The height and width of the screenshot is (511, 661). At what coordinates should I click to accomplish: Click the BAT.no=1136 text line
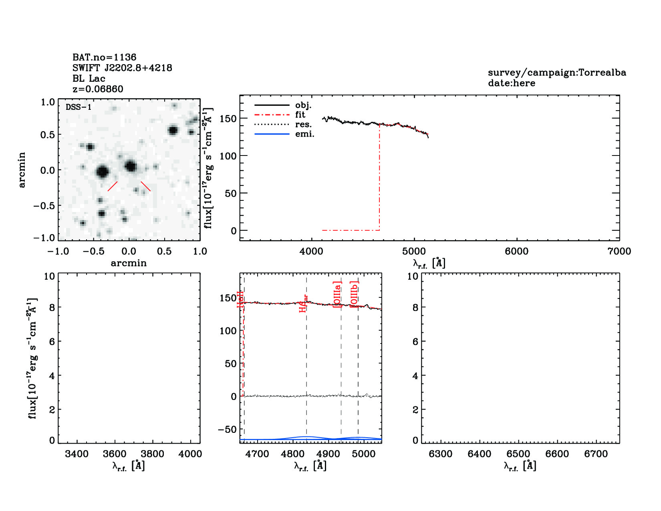(104, 57)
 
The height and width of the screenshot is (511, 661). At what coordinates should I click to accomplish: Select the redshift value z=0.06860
(98, 89)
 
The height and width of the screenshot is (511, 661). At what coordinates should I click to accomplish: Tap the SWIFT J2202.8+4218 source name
(122, 68)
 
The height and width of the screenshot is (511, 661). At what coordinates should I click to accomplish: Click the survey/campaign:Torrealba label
(557, 73)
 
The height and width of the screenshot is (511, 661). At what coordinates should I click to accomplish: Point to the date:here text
(511, 83)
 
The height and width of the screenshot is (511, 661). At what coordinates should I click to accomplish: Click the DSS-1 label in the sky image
(79, 107)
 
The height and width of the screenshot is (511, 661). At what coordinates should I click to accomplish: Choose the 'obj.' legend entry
(303, 105)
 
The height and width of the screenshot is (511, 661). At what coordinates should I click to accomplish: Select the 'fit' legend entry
(300, 115)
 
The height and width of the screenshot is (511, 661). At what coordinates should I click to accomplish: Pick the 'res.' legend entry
(303, 124)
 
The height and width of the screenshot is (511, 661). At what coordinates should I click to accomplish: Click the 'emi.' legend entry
(304, 134)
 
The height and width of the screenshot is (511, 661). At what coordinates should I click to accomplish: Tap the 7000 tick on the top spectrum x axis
(619, 251)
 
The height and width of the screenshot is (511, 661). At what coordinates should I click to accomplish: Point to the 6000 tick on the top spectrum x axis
(516, 251)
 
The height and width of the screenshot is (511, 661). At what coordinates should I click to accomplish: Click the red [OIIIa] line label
(337, 295)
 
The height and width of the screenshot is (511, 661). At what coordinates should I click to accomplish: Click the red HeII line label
(240, 300)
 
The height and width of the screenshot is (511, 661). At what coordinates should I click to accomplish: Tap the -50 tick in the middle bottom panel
(227, 429)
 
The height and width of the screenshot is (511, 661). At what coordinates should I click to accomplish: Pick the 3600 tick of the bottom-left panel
(115, 454)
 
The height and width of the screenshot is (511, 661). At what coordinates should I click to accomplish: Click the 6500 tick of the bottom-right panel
(518, 454)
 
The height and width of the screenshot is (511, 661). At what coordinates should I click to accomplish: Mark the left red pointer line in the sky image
(113, 186)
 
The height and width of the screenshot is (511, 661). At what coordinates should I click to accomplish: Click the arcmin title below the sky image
(129, 263)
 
